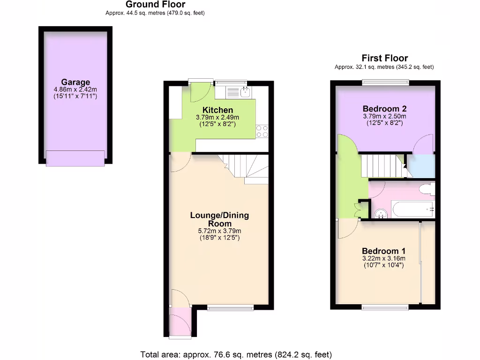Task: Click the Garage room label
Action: point(75,82)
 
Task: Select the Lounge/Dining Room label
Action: point(219,219)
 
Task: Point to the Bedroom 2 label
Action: point(384,109)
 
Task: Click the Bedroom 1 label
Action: point(383,250)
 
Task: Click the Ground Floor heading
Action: point(155,5)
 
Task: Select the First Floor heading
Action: point(384,58)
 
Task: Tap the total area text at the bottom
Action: point(236,354)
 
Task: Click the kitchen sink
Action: point(244,92)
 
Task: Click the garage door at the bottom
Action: point(75,158)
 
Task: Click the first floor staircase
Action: point(382,166)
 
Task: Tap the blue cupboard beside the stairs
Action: point(420,166)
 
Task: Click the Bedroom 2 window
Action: point(385,83)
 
